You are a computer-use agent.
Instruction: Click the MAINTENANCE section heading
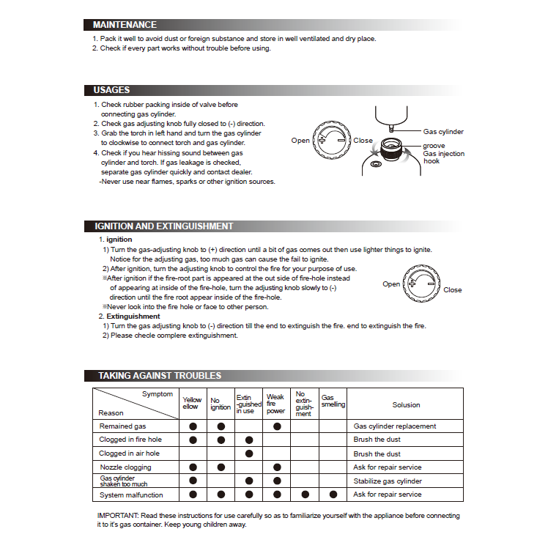coord(125,25)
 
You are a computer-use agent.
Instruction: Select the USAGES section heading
coord(111,90)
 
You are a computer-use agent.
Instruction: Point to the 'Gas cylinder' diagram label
coord(443,132)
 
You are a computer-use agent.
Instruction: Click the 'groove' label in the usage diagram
coord(434,147)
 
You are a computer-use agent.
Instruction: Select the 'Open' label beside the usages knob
coord(300,140)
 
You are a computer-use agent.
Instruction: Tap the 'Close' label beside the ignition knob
coord(453,290)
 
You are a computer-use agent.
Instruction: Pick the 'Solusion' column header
coord(406,404)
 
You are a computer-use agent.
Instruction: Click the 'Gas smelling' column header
coord(333,401)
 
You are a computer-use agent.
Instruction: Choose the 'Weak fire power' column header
coord(276,404)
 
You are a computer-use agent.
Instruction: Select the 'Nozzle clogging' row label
coord(125,467)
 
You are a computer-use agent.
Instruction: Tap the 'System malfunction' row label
coord(130,495)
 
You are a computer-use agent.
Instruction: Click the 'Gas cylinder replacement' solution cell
coord(395,426)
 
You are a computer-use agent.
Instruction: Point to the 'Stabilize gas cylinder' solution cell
coord(388,481)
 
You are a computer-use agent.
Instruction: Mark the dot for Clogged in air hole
coord(249,453)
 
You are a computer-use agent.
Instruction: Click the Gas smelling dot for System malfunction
coord(333,495)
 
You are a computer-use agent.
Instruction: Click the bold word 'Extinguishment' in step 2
coord(133,316)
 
